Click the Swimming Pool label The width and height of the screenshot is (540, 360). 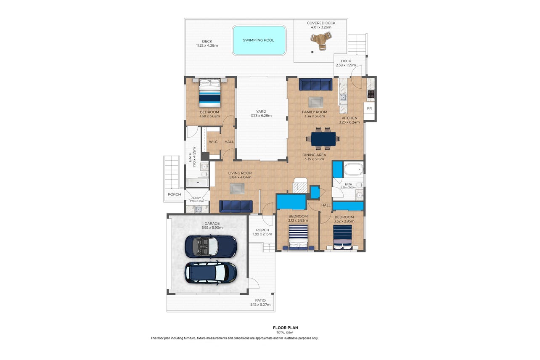click(x=258, y=40)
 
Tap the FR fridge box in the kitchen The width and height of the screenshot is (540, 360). click(x=369, y=109)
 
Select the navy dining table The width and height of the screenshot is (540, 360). click(x=323, y=139)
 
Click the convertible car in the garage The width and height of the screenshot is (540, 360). click(x=211, y=246)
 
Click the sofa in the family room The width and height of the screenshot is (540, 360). click(x=315, y=85)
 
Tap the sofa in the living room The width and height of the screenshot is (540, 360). click(x=236, y=206)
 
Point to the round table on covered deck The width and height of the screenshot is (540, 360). click(x=321, y=41)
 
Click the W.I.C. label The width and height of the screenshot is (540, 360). click(x=213, y=142)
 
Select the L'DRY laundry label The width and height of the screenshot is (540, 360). click(x=197, y=198)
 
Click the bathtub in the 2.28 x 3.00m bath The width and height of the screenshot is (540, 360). click(x=353, y=169)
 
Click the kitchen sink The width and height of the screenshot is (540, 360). click(x=343, y=97)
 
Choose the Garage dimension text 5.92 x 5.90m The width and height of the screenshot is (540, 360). click(x=212, y=228)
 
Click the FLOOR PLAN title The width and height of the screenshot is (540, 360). click(x=286, y=328)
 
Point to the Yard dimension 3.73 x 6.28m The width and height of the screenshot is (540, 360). click(x=261, y=116)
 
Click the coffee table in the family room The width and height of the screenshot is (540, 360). click(x=315, y=102)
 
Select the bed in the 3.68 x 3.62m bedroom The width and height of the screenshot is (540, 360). click(x=209, y=93)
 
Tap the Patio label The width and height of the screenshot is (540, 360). click(x=260, y=300)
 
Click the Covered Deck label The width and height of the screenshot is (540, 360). click(x=321, y=23)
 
